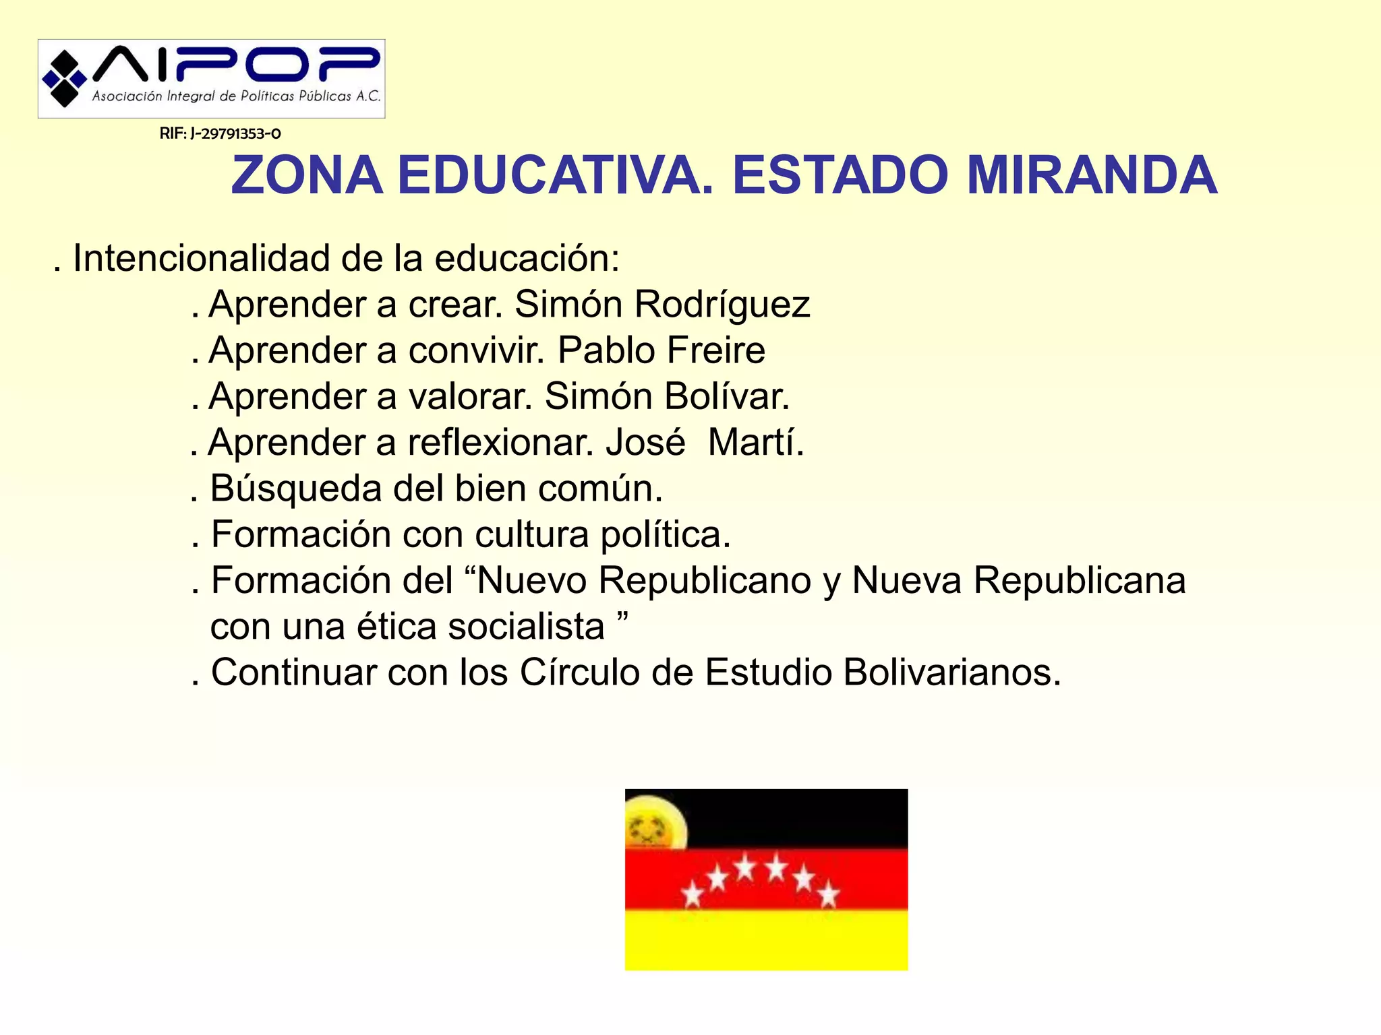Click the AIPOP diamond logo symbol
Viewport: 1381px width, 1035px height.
pos(65,79)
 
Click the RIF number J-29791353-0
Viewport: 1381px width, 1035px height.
pos(220,133)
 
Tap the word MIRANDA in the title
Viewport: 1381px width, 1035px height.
pos(1092,176)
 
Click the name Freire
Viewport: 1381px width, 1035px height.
pos(716,350)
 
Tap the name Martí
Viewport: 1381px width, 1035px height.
pos(755,443)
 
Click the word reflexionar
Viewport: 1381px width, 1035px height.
pos(500,443)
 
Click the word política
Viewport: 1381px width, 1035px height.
pos(665,535)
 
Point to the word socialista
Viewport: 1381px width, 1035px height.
pos(526,627)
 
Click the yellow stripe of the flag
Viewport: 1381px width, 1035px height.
pos(766,941)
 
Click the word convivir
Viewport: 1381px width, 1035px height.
pos(476,350)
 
